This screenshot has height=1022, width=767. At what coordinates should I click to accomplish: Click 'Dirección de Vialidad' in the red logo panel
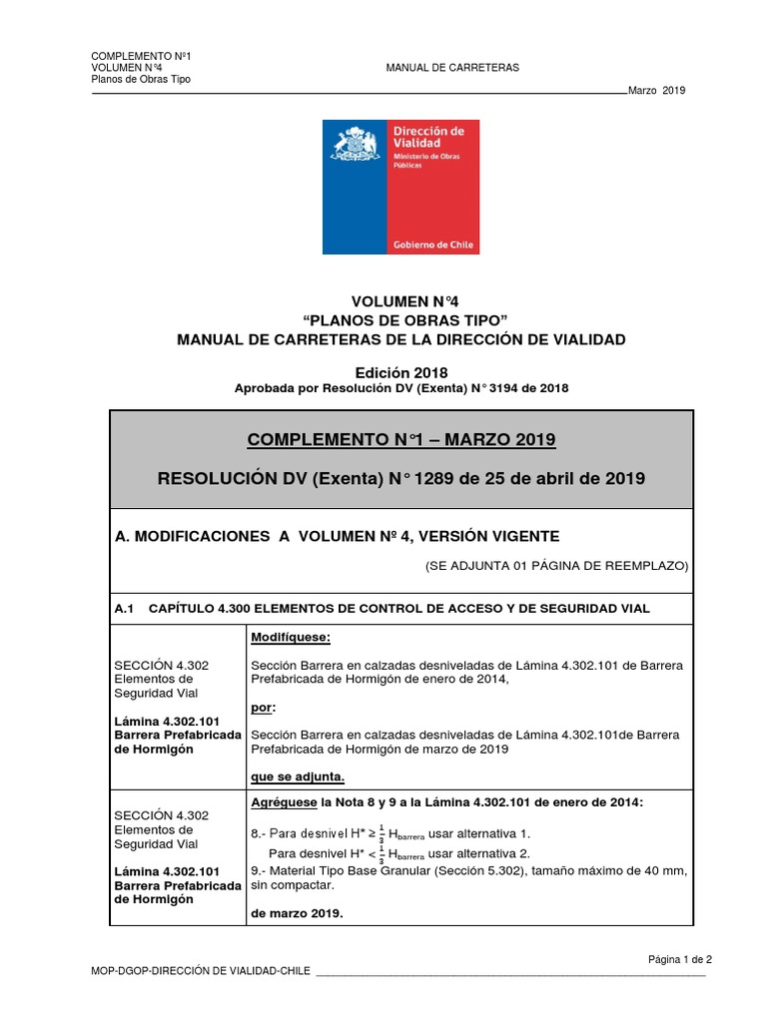point(428,137)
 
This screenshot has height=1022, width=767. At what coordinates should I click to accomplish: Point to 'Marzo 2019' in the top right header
point(657,91)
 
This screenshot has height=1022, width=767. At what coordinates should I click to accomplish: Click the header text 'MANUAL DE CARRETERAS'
point(452,67)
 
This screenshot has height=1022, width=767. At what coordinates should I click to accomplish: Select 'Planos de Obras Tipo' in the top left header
point(141,79)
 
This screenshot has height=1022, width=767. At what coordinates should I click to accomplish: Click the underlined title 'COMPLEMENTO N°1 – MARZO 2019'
point(400,440)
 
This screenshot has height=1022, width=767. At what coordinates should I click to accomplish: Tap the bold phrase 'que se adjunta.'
point(297,776)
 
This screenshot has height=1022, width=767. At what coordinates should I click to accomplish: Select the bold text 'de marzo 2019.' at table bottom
point(297,911)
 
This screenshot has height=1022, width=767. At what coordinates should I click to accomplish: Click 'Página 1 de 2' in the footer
point(680,958)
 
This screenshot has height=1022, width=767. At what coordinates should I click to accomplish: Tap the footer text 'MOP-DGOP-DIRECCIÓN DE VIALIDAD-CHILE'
point(201,971)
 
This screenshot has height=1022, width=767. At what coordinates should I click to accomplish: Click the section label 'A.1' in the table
point(125,608)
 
